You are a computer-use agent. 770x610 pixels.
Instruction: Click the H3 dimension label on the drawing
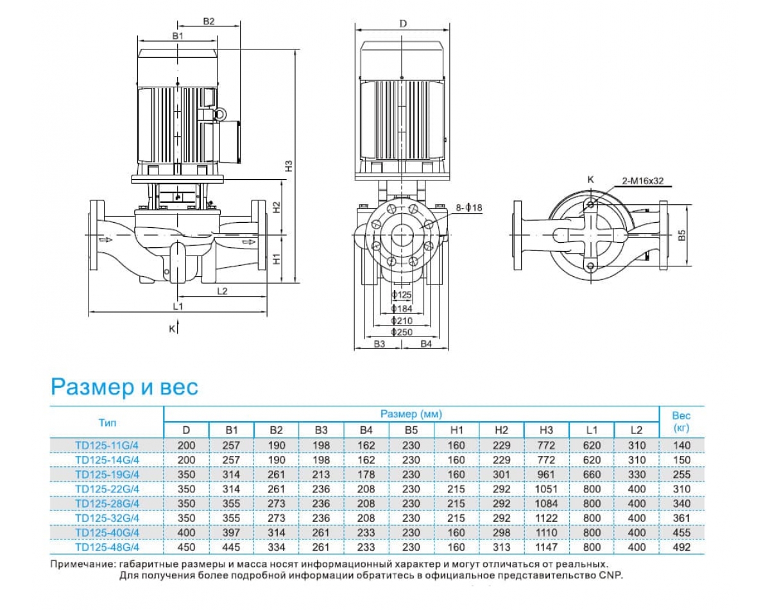click(289, 165)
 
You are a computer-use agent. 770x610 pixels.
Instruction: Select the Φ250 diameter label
click(402, 332)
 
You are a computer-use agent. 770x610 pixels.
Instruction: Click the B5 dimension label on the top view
click(683, 236)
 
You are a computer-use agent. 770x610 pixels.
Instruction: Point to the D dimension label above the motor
click(403, 24)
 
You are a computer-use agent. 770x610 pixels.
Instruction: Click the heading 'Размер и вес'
click(124, 387)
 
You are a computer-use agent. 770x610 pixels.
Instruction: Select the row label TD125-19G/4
click(107, 474)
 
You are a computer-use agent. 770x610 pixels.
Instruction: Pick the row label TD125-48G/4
click(107, 547)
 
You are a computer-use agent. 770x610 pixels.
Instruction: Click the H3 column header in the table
click(547, 430)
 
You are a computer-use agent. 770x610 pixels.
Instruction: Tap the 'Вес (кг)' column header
click(681, 422)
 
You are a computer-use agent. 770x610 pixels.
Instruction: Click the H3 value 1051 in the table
click(547, 489)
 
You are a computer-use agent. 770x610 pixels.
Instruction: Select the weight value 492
click(682, 547)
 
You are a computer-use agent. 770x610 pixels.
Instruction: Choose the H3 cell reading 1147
click(547, 547)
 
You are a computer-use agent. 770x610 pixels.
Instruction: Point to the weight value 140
click(682, 444)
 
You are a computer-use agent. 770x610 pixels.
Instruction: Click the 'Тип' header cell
click(107, 423)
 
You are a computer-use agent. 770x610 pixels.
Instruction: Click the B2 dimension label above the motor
click(209, 21)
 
